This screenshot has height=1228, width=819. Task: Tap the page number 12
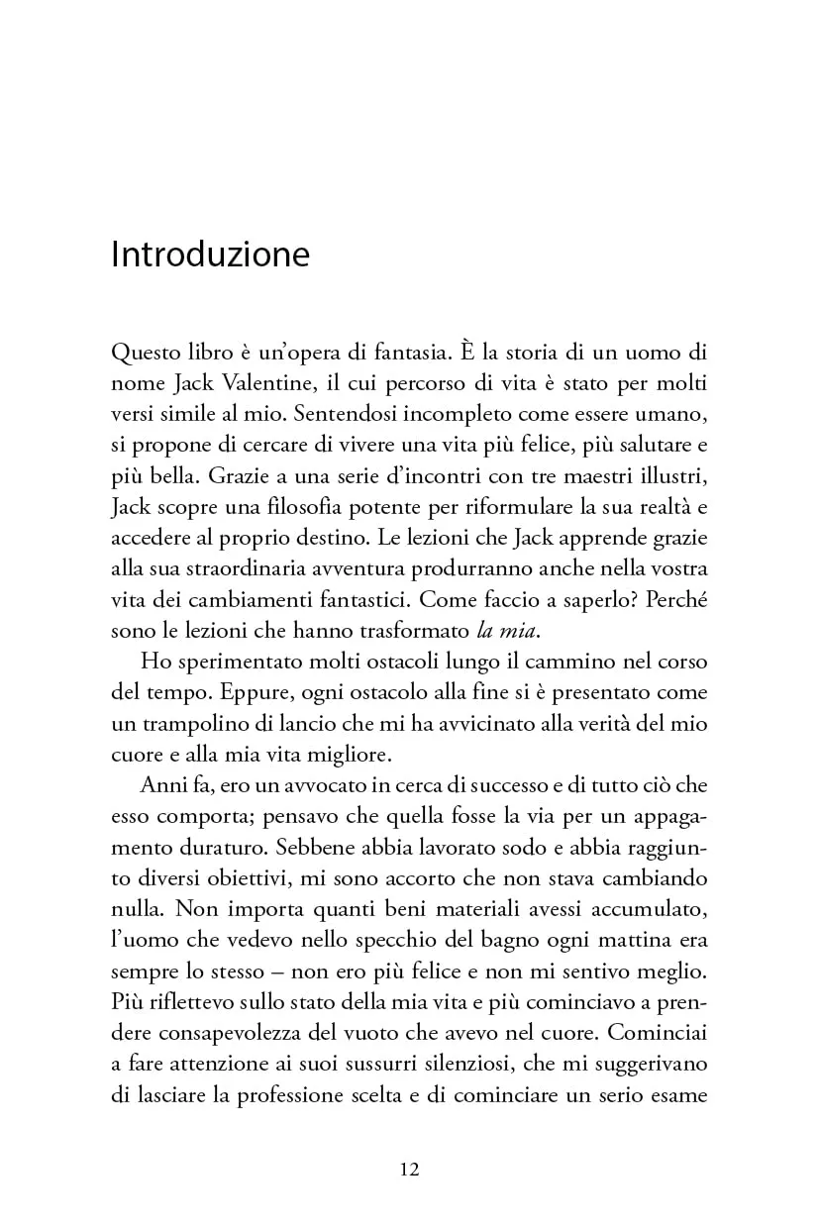click(410, 1169)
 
